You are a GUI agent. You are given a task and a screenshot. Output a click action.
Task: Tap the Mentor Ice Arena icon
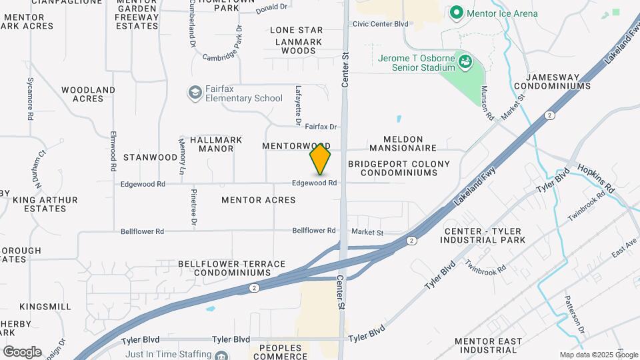pyautogui.click(x=456, y=13)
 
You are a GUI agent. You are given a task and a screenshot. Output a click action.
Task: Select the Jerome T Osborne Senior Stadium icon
pyautogui.click(x=466, y=63)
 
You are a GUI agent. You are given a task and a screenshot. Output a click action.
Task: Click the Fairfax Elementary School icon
pyautogui.click(x=195, y=92)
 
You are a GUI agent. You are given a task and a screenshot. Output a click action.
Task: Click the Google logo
pyautogui.click(x=22, y=352)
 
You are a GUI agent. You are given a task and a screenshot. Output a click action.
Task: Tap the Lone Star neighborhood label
pyautogui.click(x=296, y=30)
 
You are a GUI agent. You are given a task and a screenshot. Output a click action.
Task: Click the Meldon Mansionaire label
pyautogui.click(x=401, y=147)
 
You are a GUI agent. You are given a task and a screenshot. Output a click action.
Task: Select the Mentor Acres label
pyautogui.click(x=258, y=199)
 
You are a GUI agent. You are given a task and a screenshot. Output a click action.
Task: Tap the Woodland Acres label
pyautogui.click(x=88, y=94)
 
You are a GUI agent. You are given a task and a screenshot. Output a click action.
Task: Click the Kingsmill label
pyautogui.click(x=45, y=306)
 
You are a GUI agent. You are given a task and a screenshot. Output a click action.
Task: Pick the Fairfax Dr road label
pyautogui.click(x=321, y=126)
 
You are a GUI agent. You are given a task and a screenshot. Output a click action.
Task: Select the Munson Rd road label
pyautogui.click(x=487, y=103)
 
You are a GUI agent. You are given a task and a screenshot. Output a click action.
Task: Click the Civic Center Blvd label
pyautogui.click(x=380, y=24)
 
